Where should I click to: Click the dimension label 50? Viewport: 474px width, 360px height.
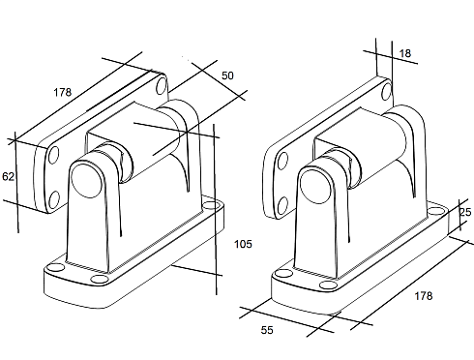pos(227,75)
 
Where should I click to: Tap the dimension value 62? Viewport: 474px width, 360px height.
pos(8,176)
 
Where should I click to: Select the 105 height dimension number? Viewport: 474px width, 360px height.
pos(243,244)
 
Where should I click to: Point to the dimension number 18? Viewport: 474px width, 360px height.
pos(405,53)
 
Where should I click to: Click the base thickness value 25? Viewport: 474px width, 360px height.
pos(465,212)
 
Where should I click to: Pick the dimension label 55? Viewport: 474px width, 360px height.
pos(267,330)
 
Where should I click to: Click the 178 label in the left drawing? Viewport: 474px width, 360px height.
pos(62,92)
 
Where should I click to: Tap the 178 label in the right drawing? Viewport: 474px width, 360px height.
pos(424,296)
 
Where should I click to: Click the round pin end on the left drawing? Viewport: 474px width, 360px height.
pos(86,180)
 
